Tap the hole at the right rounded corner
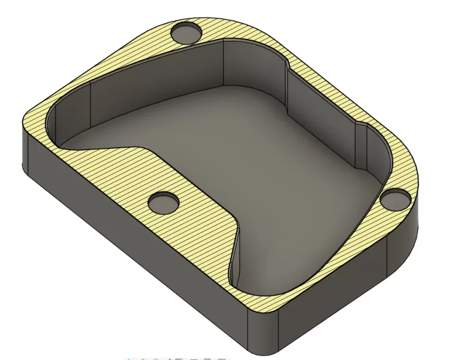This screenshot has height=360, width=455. (x=395, y=198)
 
